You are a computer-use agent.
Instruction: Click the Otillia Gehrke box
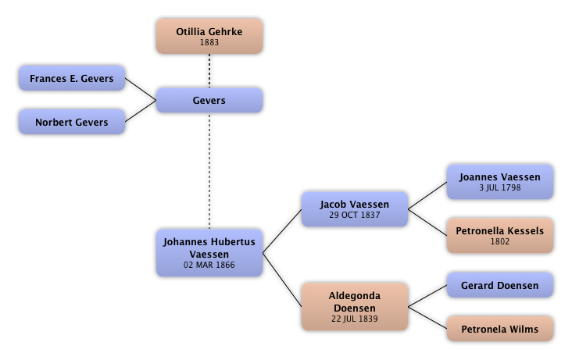(209, 36)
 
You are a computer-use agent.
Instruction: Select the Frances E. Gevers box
(71, 79)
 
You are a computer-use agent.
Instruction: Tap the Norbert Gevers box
(71, 122)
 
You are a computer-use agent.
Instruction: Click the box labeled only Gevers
(209, 101)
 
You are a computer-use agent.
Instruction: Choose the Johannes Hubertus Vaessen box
(209, 252)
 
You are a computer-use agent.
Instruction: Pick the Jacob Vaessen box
(354, 209)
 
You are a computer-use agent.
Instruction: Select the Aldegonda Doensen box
(354, 306)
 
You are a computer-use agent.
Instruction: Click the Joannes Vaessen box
(500, 181)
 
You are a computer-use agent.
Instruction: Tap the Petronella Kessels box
(500, 235)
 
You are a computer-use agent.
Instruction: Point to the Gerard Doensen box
(500, 286)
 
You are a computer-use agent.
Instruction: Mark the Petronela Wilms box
(500, 329)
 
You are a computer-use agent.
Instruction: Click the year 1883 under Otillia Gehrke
(209, 43)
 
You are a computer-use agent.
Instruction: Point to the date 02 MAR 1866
(209, 265)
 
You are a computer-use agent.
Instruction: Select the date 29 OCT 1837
(354, 215)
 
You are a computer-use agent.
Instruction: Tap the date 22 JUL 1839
(354, 319)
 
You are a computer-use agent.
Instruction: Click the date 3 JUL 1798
(500, 187)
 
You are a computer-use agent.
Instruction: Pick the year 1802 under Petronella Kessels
(500, 241)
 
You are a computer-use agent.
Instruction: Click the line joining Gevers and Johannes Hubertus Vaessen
(209, 172)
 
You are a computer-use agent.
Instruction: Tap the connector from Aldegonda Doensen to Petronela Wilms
(427, 317)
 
